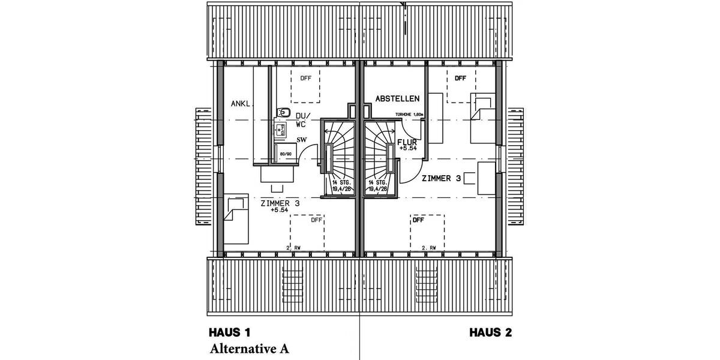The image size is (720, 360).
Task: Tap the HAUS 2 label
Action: pos(490,332)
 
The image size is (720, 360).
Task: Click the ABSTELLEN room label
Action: pos(397,98)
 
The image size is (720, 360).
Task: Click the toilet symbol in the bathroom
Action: pos(283,113)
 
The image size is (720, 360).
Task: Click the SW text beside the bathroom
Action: pos(302,140)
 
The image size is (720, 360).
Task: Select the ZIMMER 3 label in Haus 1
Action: pos(280,204)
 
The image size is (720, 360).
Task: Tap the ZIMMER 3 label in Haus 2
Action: pos(441,178)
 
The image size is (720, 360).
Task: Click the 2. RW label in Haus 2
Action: pos(428,247)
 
